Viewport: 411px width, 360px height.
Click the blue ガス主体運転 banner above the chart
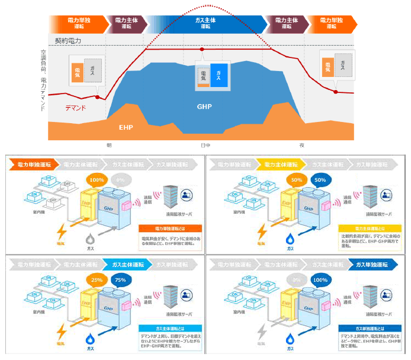point(205,23)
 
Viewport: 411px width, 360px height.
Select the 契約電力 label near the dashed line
point(68,41)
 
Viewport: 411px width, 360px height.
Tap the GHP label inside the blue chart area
point(203,107)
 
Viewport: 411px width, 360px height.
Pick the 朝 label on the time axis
point(109,145)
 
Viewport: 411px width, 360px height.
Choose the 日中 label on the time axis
point(205,145)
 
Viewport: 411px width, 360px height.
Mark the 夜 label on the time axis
point(301,145)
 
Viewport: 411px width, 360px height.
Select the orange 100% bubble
point(96,180)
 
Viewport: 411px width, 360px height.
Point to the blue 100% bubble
point(320,279)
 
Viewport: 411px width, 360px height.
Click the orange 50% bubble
point(296,180)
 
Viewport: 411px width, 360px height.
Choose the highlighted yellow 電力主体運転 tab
point(282,165)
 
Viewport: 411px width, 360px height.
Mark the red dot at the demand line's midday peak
point(203,49)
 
